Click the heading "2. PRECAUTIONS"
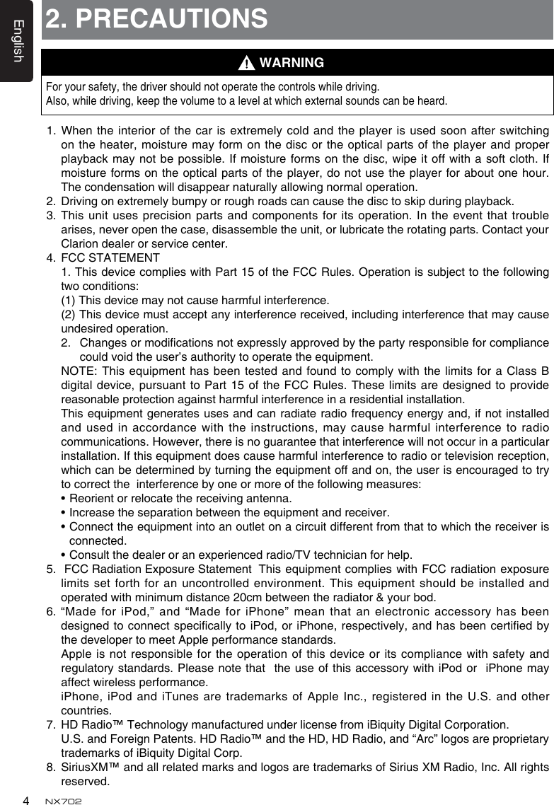156,19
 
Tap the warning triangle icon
245,64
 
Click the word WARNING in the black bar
292,63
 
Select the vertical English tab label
18,41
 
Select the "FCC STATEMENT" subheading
110,257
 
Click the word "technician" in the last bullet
354,553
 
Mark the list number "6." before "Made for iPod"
51,610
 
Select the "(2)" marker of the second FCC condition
70,313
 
